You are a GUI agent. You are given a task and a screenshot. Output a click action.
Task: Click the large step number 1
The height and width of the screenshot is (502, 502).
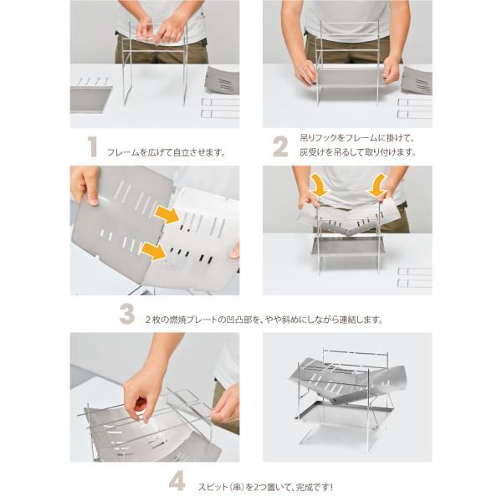(x=92, y=147)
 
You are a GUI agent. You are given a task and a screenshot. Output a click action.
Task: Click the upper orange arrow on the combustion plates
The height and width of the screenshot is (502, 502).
(x=167, y=216)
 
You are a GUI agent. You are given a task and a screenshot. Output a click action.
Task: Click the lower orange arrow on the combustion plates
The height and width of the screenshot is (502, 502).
(x=155, y=250)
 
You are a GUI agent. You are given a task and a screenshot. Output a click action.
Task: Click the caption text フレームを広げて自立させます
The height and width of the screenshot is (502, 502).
(x=166, y=153)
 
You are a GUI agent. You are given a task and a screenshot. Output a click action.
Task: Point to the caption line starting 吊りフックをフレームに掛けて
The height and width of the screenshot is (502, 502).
(x=351, y=138)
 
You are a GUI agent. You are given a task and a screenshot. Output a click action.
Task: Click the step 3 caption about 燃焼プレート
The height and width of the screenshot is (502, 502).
(x=265, y=320)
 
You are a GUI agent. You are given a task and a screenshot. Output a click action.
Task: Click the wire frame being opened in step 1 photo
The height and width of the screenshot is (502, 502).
(x=155, y=67)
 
